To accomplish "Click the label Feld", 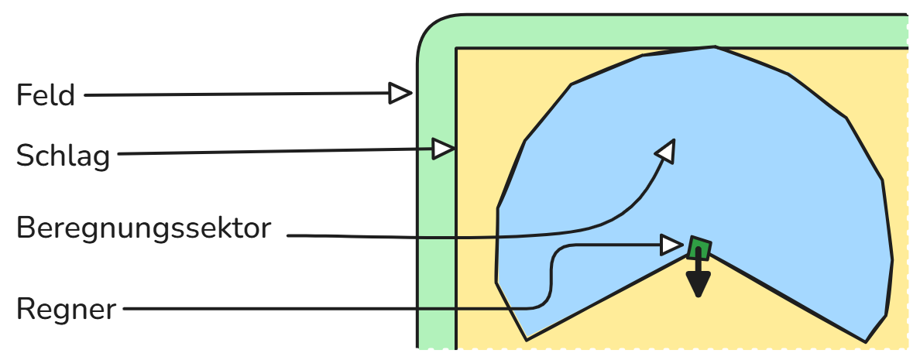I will pyautogui.click(x=46, y=95).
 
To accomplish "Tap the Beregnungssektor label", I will pyautogui.click(x=144, y=229).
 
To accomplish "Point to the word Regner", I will pyautogui.click(x=66, y=310).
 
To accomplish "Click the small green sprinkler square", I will pyautogui.click(x=699, y=248).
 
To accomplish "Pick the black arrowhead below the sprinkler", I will pyautogui.click(x=699, y=286).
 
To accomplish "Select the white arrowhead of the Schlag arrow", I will pyautogui.click(x=444, y=149).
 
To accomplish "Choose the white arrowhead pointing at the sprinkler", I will pyautogui.click(x=671, y=245).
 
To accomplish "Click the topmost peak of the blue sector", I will pyautogui.click(x=714, y=47).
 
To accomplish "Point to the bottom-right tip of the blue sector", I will pyautogui.click(x=867, y=341).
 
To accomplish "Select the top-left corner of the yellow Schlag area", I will pyautogui.click(x=457, y=50).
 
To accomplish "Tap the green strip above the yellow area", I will pyautogui.click(x=658, y=31).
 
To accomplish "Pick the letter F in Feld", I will pyautogui.click(x=24, y=95).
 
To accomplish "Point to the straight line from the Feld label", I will pyautogui.click(x=232, y=95).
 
